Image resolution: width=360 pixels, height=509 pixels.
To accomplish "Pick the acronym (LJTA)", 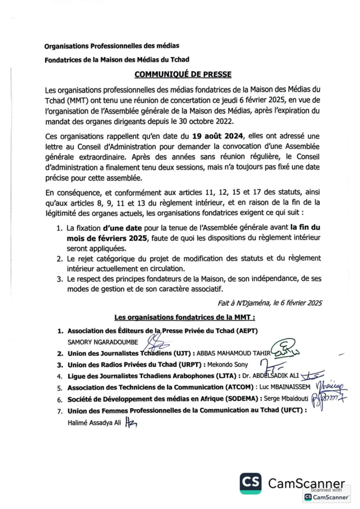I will tap(223, 376).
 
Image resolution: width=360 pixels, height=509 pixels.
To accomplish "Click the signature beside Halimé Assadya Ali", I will tap(131, 423).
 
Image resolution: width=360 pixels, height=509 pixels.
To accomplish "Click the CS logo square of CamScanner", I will tap(251, 483).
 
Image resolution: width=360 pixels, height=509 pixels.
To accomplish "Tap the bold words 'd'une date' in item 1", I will tap(122, 228).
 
